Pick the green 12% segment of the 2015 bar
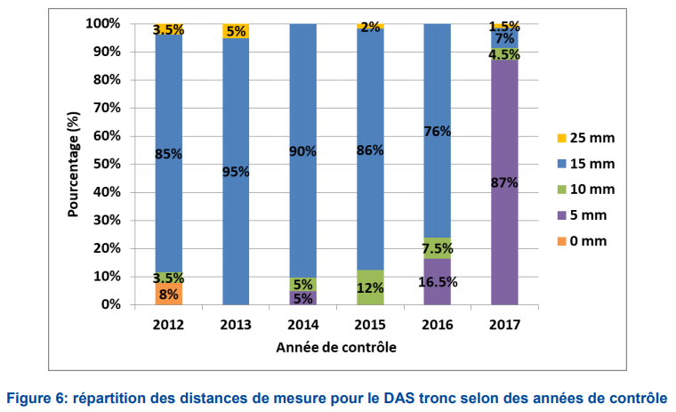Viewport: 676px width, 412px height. [370, 287]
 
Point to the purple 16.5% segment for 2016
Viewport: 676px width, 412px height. [438, 282]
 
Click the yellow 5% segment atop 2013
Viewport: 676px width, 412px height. [236, 31]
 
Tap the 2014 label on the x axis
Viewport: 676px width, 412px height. [303, 322]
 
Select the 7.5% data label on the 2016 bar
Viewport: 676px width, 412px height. [438, 247]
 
